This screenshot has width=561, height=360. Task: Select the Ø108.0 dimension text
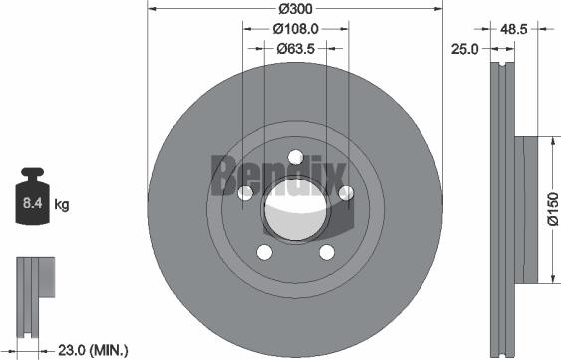[x=296, y=29]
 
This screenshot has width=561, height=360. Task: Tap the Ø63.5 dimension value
[x=296, y=47]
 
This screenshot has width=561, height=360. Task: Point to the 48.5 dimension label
[x=514, y=30]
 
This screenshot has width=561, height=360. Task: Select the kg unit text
[x=61, y=206]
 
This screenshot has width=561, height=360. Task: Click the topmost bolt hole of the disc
[x=296, y=156]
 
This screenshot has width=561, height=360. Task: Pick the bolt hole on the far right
[x=345, y=192]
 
